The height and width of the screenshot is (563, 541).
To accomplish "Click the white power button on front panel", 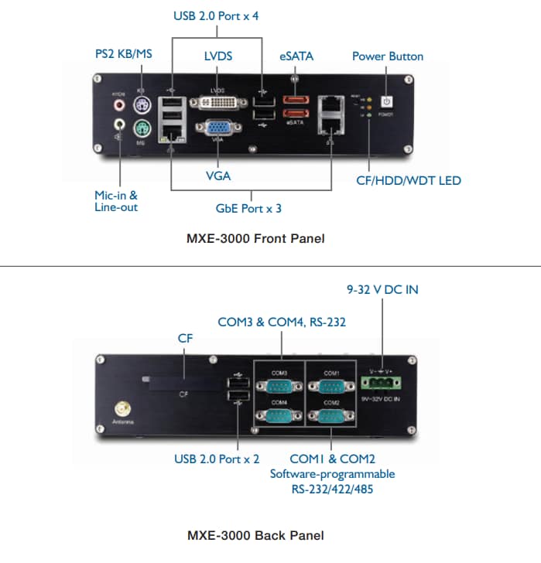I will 388,102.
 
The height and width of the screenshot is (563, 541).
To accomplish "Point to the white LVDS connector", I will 219,104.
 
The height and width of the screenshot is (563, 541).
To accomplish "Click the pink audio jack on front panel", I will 118,104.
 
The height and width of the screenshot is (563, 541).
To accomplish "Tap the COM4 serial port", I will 279,416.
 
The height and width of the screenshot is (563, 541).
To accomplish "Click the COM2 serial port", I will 330,416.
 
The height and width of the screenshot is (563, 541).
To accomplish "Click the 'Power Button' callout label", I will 388,56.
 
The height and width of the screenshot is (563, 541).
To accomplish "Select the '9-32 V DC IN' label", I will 382,290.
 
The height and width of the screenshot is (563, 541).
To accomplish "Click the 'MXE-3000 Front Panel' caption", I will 255,238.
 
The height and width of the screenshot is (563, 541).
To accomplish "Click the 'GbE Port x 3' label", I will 248,208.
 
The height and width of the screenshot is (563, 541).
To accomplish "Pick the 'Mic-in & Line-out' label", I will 116,202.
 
